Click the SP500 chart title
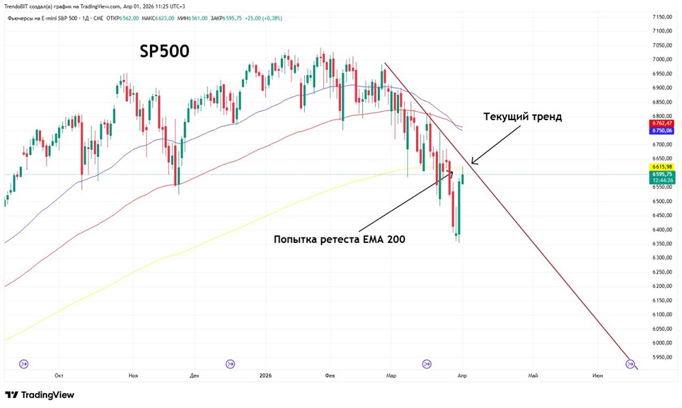164,52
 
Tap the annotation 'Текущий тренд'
522,117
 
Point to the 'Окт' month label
59,375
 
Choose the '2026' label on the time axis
267,375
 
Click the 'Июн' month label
597,375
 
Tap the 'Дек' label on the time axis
194,375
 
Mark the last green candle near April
463,179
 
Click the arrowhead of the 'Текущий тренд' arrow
473,163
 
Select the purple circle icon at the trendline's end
630,364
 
